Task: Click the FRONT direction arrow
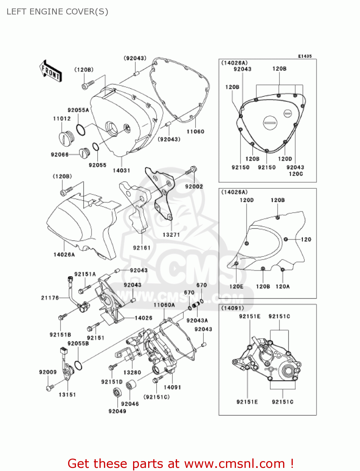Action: pyautogui.click(x=51, y=71)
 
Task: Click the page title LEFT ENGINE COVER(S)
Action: pyautogui.click(x=57, y=12)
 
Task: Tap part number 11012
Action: pyautogui.click(x=62, y=118)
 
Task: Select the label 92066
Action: pyautogui.click(x=60, y=154)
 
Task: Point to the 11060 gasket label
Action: pyautogui.click(x=195, y=132)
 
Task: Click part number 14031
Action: pyautogui.click(x=121, y=171)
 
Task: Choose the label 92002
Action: pyautogui.click(x=194, y=187)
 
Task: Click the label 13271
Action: pyautogui.click(x=171, y=235)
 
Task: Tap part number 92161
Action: pyautogui.click(x=142, y=248)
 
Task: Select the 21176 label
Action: pyautogui.click(x=50, y=298)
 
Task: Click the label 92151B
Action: pyautogui.click(x=60, y=335)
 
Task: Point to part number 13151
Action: pyautogui.click(x=67, y=395)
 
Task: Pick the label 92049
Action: pyautogui.click(x=117, y=411)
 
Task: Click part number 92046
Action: pyautogui.click(x=130, y=404)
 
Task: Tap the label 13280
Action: pyautogui.click(x=132, y=372)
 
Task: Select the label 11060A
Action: pyautogui.click(x=164, y=305)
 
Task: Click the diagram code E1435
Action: pyautogui.click(x=305, y=56)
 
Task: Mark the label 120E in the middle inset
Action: pyautogui.click(x=236, y=286)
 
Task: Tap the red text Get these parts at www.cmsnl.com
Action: pyautogui.click(x=180, y=463)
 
